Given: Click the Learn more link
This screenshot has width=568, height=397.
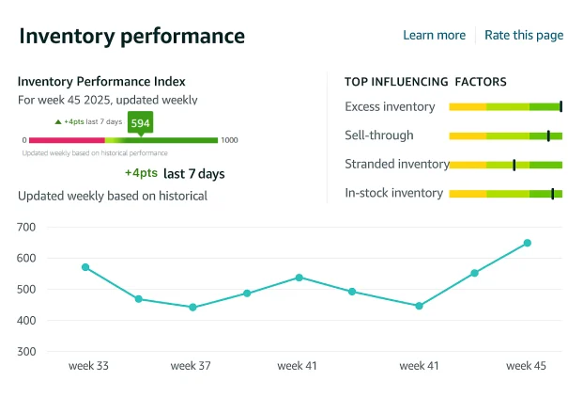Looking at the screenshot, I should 434,35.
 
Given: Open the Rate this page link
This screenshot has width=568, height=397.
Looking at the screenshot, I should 523,35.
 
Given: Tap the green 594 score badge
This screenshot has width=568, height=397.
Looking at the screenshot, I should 140,123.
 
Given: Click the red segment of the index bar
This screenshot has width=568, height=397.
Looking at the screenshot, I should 66,140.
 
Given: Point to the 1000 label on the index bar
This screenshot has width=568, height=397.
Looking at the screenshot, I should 229,140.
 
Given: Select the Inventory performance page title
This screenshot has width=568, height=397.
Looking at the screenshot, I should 131,36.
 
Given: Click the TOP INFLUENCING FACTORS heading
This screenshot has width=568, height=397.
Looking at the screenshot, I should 425,82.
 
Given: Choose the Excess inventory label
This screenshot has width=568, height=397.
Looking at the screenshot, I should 390,106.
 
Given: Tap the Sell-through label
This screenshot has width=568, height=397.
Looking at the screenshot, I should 379,135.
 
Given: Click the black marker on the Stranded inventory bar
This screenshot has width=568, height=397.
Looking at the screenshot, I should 514,165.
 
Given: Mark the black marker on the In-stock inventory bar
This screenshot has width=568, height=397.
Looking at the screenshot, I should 552,194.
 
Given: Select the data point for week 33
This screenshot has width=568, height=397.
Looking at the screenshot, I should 85,267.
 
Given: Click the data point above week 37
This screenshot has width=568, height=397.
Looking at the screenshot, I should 192,307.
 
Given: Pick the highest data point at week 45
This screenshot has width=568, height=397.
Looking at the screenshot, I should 527,243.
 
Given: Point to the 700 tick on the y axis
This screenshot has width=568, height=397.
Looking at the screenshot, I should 26,227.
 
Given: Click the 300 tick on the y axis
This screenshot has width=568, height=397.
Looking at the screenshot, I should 26,352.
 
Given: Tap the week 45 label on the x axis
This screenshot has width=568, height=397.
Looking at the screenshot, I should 526,366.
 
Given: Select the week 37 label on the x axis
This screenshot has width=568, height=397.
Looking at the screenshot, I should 191,366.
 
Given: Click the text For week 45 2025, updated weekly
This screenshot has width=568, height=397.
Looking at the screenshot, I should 107,100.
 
